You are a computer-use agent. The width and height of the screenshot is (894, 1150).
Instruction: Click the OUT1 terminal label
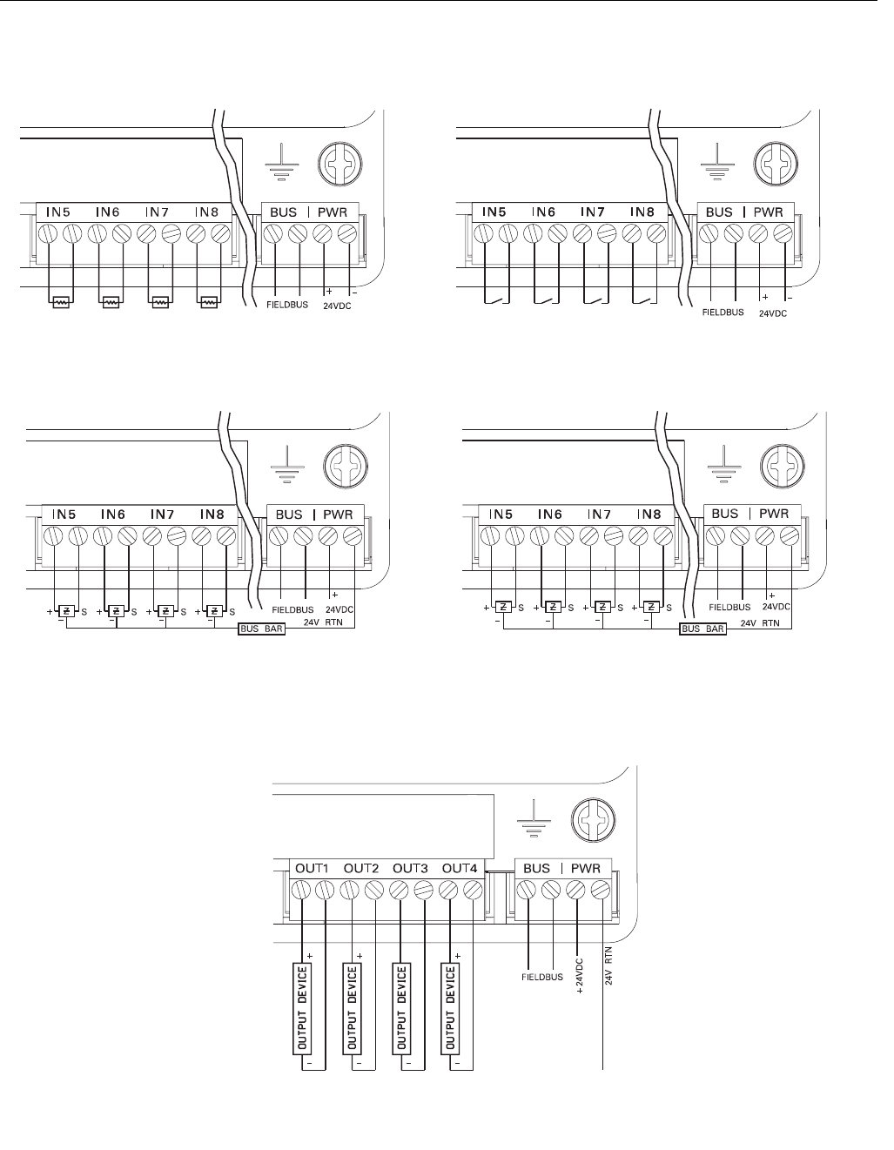pos(312,868)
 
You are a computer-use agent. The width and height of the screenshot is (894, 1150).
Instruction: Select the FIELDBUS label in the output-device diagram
pos(543,976)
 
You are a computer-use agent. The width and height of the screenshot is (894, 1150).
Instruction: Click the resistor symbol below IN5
pos(61,303)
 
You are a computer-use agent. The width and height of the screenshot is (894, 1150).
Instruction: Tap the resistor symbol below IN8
pos(208,303)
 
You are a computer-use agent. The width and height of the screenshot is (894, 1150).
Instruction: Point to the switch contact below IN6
pos(545,301)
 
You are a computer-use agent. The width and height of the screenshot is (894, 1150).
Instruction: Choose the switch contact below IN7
pos(595,301)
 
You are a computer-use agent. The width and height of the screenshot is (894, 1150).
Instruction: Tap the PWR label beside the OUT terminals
pos(588,868)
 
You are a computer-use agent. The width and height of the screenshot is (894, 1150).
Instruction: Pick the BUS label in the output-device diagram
pos(537,868)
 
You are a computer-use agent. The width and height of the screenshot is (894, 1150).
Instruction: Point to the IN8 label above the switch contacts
pos(643,212)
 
